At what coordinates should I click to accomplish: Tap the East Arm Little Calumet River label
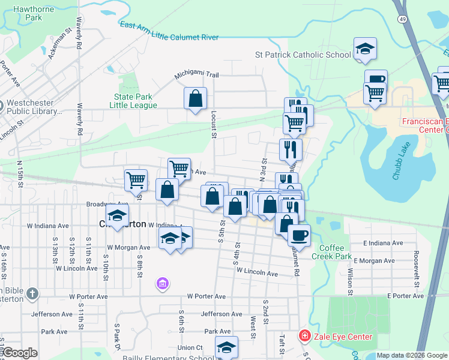pyautogui.click(x=169, y=31)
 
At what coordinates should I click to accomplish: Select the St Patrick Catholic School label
pyautogui.click(x=303, y=55)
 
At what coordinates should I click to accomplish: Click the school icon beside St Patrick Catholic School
pyautogui.click(x=364, y=49)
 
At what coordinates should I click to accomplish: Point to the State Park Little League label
pyautogui.click(x=133, y=101)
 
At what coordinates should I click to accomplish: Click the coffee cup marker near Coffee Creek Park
pyautogui.click(x=299, y=235)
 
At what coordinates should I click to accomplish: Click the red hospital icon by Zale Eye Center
pyautogui.click(x=305, y=336)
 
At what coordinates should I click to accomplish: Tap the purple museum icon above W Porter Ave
pyautogui.click(x=161, y=283)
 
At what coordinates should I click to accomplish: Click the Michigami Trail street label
pyautogui.click(x=197, y=74)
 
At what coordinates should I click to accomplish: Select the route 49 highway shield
pyautogui.click(x=399, y=20)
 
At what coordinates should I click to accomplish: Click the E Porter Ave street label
pyautogui.click(x=406, y=296)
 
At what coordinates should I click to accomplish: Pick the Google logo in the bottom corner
pyautogui.click(x=20, y=352)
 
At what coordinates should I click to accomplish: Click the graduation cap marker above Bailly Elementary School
pyautogui.click(x=226, y=346)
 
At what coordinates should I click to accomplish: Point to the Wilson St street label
pyautogui.click(x=349, y=277)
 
